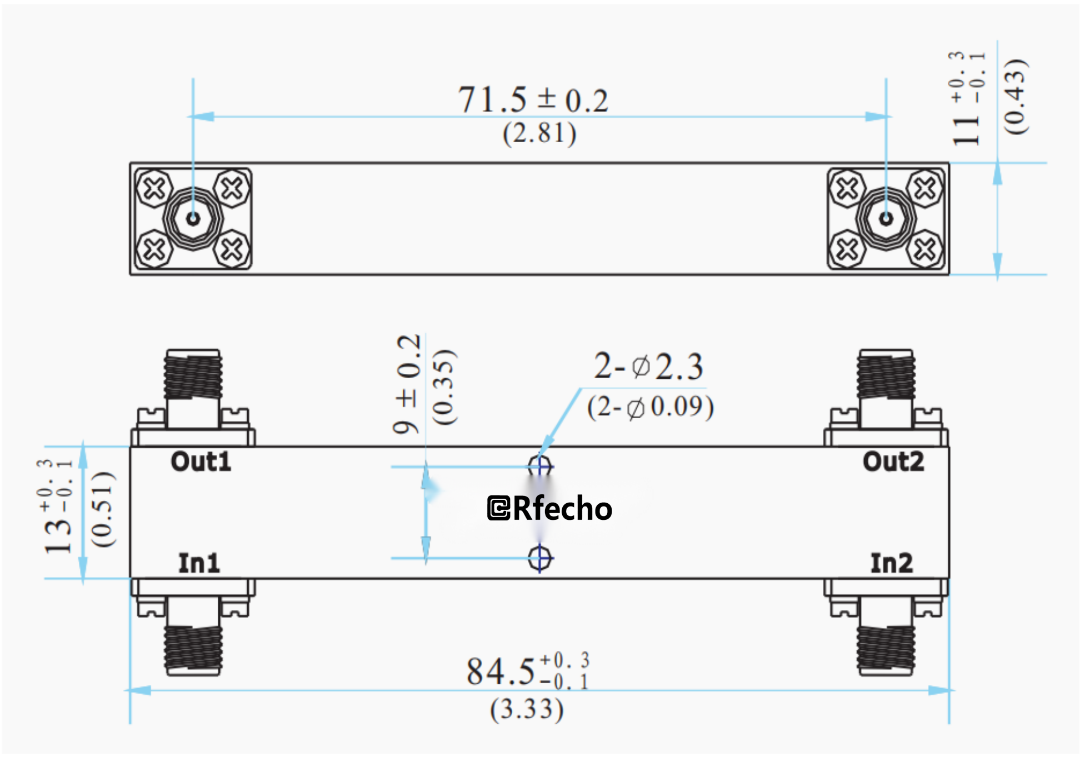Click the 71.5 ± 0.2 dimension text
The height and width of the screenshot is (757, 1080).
[532, 100]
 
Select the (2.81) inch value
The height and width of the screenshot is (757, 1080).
[539, 134]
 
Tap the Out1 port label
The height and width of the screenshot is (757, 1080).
[201, 462]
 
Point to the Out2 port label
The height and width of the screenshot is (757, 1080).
[893, 462]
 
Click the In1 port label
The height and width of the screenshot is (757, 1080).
[199, 563]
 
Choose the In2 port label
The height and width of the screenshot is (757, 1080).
[891, 563]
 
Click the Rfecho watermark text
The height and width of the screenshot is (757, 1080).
[550, 508]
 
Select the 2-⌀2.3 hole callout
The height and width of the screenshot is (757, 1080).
[648, 367]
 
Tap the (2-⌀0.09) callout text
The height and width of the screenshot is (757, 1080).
[650, 407]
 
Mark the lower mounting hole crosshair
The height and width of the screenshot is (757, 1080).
[539, 558]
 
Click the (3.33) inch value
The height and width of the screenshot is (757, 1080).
[526, 709]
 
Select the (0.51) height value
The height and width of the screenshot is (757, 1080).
[103, 509]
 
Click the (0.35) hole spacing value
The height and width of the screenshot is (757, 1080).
[444, 387]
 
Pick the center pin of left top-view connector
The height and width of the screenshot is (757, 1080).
[193, 218]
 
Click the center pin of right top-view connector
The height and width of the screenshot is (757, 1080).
[886, 218]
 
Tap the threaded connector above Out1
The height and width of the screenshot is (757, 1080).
[193, 375]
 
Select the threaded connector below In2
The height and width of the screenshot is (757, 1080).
[886, 650]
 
